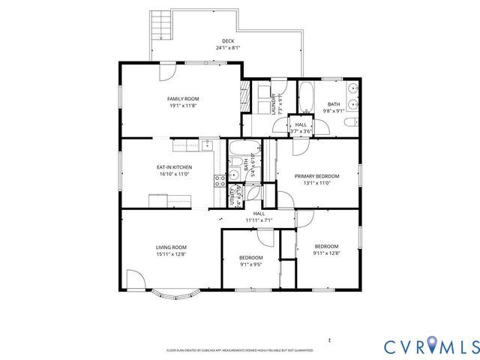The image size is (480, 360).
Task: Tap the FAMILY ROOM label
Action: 182,98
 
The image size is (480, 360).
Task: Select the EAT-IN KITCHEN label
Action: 174,166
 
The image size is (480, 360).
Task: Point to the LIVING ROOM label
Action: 171,247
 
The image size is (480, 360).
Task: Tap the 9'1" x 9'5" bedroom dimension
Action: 250,263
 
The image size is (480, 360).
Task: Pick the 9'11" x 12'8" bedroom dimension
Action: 326,253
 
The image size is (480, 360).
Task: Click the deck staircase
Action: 159,26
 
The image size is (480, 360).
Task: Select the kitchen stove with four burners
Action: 220,180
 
